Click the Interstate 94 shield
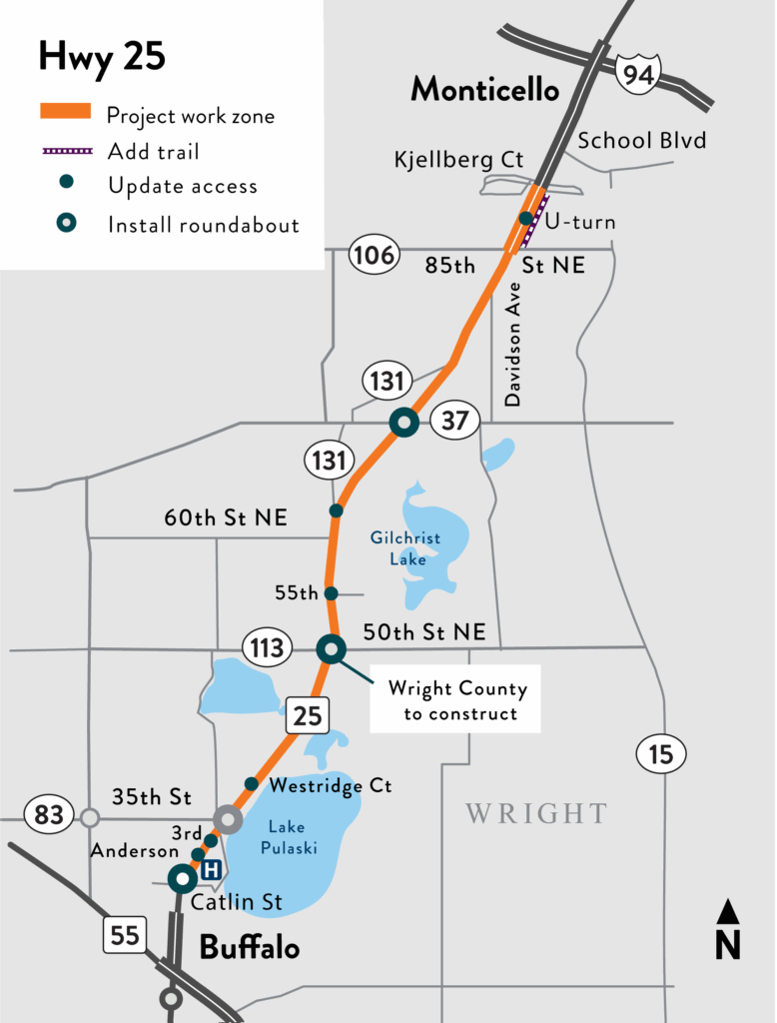click(637, 72)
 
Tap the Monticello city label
click(485, 90)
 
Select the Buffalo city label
click(250, 946)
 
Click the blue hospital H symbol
click(211, 870)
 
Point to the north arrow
click(728, 929)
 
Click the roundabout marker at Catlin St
click(183, 879)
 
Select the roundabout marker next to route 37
click(403, 423)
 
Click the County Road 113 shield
click(267, 648)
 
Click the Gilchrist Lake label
click(405, 548)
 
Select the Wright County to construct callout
click(455, 699)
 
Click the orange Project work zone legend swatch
click(66, 112)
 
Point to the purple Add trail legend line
click(66, 151)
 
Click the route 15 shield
click(661, 752)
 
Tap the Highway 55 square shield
click(126, 935)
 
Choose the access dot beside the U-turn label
click(525, 219)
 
